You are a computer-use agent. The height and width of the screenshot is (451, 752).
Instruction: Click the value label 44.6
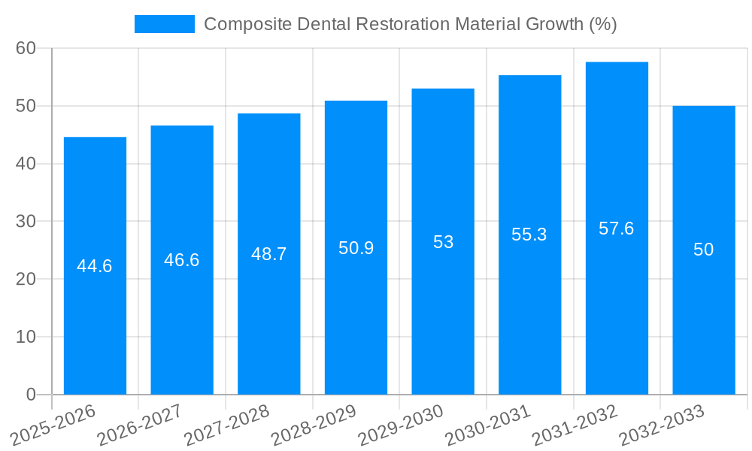tap(95, 266)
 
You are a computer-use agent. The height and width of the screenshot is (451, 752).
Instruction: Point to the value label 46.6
tap(182, 260)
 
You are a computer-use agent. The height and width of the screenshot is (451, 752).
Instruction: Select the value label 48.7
tap(269, 254)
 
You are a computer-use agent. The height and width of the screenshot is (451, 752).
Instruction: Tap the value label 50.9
tap(356, 248)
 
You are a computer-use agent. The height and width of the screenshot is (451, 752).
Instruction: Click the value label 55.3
tap(529, 235)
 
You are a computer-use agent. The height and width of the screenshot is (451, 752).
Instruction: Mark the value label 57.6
tap(617, 229)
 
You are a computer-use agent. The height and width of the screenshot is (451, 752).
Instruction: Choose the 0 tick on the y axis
tap(31, 395)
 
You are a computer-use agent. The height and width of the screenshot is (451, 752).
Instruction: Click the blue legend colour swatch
tap(164, 24)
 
